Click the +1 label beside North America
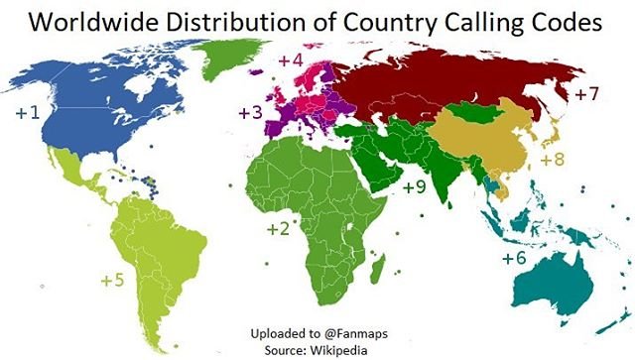click(x=27, y=113)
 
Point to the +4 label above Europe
click(x=290, y=61)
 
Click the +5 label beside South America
click(x=112, y=281)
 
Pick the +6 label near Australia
click(x=513, y=258)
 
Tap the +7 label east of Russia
click(x=586, y=96)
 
